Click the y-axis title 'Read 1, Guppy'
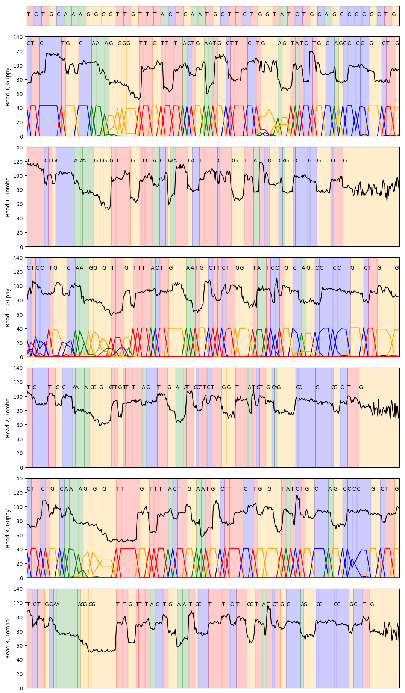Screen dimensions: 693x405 pos(8,86)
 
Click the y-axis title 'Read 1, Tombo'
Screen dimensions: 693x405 pos(8,197)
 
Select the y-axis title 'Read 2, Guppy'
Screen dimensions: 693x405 pos(8,307)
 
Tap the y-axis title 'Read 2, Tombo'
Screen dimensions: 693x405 pos(8,418)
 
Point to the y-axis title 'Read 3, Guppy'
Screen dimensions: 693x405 pos(8,528)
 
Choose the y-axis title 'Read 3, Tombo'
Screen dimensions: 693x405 pos(8,639)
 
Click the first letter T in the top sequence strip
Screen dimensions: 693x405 pos(28,15)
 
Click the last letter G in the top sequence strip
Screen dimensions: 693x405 pos(394,15)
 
